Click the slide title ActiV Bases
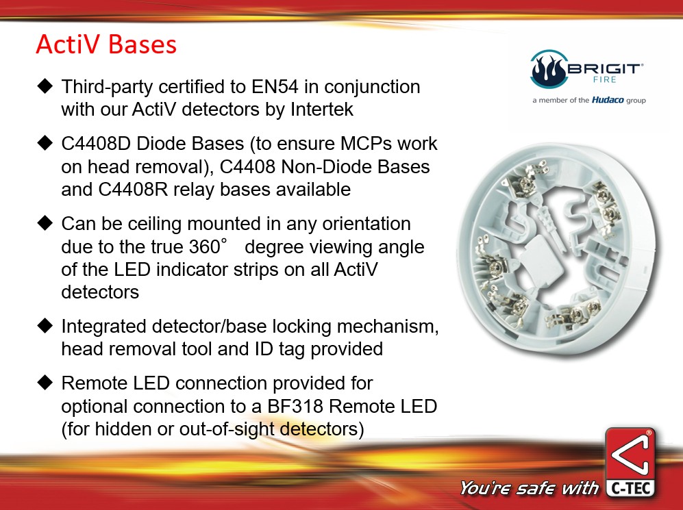pyautogui.click(x=106, y=44)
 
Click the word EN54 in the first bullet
pyautogui.click(x=275, y=86)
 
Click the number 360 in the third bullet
pyautogui.click(x=205, y=246)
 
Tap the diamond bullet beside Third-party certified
pyautogui.click(x=45, y=86)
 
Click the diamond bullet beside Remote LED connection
pyautogui.click(x=45, y=383)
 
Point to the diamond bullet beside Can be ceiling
pyautogui.click(x=45, y=222)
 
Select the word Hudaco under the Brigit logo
pyautogui.click(x=607, y=100)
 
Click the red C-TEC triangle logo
pyautogui.click(x=630, y=454)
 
